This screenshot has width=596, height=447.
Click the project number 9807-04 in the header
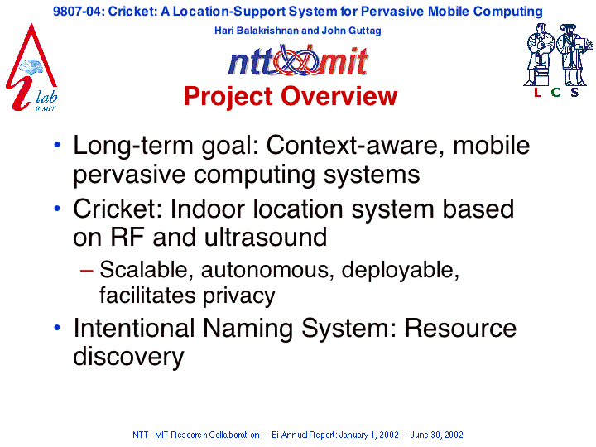coord(78,12)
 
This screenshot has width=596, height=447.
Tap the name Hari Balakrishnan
coord(257,31)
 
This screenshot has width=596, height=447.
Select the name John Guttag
coord(351,31)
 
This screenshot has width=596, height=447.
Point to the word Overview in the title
coord(339,96)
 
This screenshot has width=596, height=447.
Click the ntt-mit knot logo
coord(298,60)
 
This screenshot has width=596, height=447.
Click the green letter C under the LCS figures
coord(555,92)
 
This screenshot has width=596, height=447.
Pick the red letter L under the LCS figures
coord(537,92)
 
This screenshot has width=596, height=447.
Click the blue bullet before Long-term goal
coord(57,144)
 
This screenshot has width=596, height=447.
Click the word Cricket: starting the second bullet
coord(118,209)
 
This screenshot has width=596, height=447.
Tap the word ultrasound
coord(266,238)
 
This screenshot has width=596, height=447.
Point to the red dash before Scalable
coord(87,271)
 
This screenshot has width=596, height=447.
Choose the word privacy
coord(238,296)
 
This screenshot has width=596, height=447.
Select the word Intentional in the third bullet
coord(134,328)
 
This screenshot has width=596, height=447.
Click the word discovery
coord(128,357)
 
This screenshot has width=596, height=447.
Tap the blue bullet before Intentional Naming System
coord(57,327)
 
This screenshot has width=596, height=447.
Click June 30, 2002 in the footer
coord(436,435)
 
